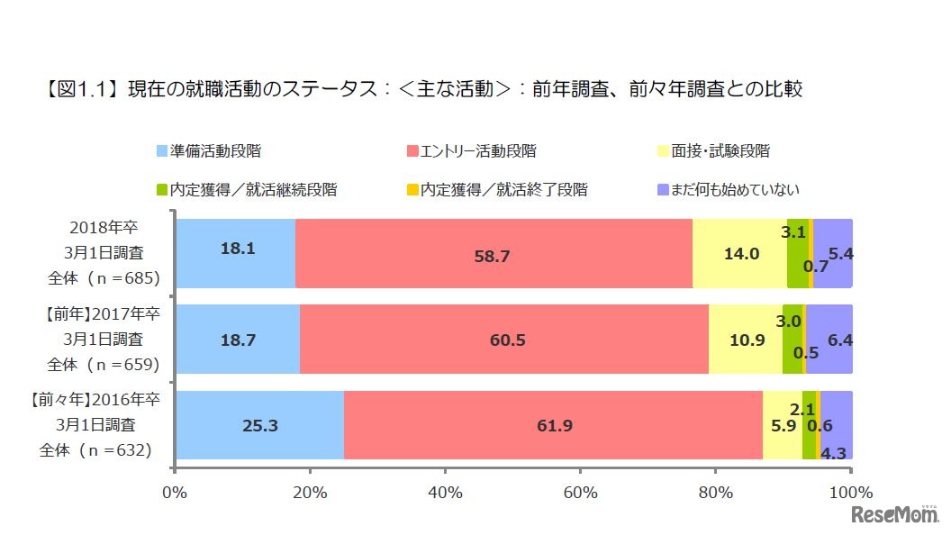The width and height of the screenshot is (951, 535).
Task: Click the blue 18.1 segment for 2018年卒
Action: (x=235, y=253)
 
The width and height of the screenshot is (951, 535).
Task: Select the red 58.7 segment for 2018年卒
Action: (x=493, y=253)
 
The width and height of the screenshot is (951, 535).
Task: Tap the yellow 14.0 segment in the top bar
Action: (x=739, y=253)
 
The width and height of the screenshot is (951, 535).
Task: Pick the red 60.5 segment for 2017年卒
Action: (x=503, y=340)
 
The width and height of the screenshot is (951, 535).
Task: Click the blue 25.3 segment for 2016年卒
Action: (x=259, y=426)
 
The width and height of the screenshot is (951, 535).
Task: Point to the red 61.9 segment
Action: (x=553, y=426)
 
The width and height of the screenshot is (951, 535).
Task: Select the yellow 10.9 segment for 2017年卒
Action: (x=746, y=340)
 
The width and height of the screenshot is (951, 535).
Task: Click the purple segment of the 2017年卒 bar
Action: (x=829, y=340)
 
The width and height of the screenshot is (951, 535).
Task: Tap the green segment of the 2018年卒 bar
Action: (x=797, y=253)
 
